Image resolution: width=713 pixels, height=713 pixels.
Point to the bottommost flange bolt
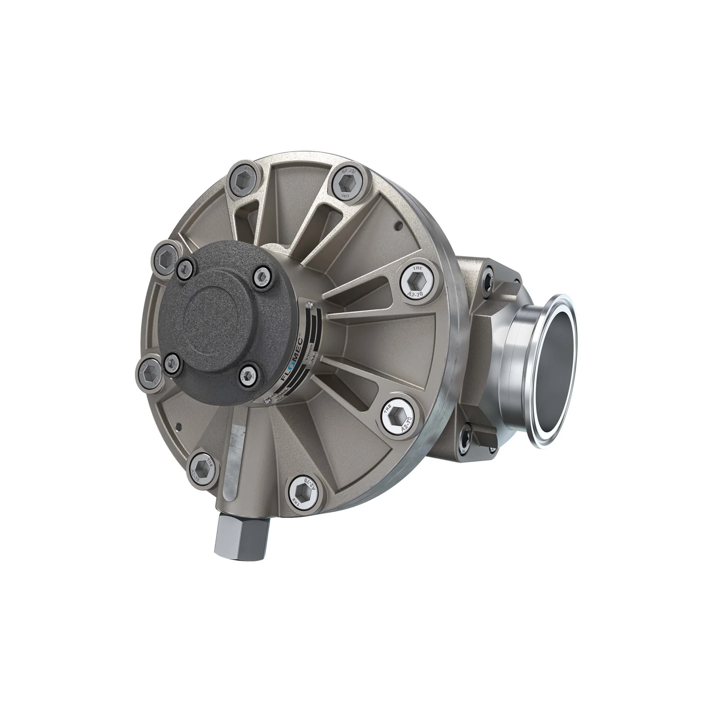coord(303,493)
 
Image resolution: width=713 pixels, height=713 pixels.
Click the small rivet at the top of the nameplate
coord(310,304)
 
